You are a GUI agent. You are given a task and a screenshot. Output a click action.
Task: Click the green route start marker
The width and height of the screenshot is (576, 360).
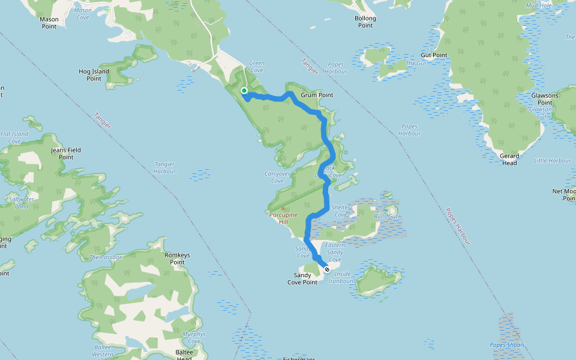[x=244, y=91]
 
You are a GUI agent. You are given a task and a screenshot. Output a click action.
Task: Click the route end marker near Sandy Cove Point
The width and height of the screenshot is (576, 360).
[x=327, y=269]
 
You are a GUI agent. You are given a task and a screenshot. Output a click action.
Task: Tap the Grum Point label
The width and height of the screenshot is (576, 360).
[x=317, y=95]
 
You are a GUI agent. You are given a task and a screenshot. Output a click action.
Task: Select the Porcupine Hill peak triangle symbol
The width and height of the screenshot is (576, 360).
[x=283, y=208]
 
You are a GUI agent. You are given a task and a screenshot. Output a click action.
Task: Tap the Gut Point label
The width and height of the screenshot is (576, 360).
[x=434, y=55]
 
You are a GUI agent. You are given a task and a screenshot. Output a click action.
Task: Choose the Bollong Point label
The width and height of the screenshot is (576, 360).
[x=365, y=22]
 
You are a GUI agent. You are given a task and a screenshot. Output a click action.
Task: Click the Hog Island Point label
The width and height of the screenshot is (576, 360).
[x=94, y=75]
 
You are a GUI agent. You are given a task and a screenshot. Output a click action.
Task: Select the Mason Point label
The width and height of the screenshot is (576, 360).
[x=49, y=23]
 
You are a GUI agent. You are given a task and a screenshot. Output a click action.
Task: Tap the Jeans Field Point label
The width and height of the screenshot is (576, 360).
[x=66, y=154]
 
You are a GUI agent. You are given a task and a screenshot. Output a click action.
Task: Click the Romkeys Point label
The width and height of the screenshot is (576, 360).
[x=177, y=259]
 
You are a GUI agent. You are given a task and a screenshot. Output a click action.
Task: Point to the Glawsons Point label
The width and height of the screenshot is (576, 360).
[x=545, y=99]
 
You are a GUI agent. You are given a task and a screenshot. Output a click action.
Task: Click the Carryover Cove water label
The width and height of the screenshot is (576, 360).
[x=277, y=177]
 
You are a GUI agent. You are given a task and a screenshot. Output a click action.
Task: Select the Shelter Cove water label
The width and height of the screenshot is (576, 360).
[x=341, y=211]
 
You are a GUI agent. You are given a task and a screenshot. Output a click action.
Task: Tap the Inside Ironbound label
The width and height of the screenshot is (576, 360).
[x=342, y=277]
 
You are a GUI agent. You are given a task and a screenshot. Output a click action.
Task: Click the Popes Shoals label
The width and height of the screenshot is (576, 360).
[x=507, y=345]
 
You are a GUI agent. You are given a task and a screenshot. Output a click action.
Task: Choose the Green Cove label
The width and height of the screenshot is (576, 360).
[x=256, y=67]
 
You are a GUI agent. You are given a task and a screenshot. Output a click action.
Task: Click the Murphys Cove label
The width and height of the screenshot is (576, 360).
[x=193, y=338]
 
